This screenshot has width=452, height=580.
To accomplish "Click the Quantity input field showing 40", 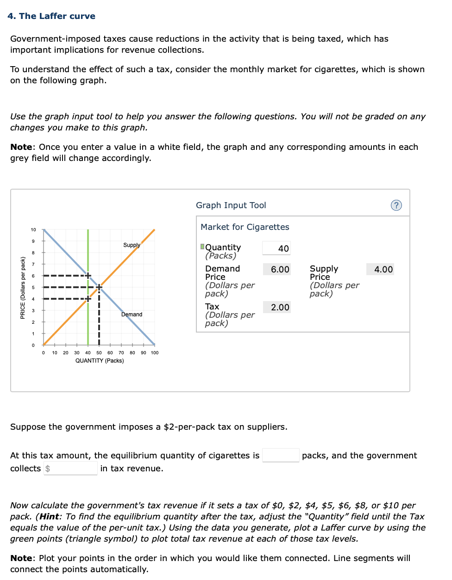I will [x=276, y=248].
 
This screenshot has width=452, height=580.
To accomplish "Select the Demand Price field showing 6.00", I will [x=277, y=269].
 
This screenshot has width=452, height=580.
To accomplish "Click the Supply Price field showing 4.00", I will [x=380, y=269].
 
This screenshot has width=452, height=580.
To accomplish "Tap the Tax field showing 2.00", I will [x=277, y=307].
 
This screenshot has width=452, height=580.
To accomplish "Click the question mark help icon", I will [x=396, y=205].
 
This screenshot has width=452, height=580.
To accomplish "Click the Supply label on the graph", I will [x=132, y=245].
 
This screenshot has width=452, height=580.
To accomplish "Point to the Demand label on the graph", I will [x=132, y=315].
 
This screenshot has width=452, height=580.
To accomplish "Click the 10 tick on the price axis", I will [x=33, y=230].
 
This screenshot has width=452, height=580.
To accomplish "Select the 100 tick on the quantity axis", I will [x=155, y=353].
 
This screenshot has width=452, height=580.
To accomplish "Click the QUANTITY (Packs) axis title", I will [x=100, y=361].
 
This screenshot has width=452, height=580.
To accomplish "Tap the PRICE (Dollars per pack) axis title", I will [x=23, y=288].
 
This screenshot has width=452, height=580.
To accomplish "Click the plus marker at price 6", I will [x=88, y=276].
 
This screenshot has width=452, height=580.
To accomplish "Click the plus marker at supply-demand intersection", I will [x=99, y=287].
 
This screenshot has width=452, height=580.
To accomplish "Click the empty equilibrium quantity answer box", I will [x=281, y=456].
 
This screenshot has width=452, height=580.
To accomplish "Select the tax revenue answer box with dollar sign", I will [x=71, y=469].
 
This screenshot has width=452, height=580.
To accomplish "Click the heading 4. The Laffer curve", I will [x=51, y=16].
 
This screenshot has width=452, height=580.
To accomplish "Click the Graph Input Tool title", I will [x=231, y=205].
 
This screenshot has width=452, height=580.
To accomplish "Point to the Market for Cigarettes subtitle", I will [x=245, y=227].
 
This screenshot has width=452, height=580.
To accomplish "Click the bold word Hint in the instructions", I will [x=49, y=517].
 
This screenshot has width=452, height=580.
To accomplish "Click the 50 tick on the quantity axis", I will [x=99, y=353].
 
